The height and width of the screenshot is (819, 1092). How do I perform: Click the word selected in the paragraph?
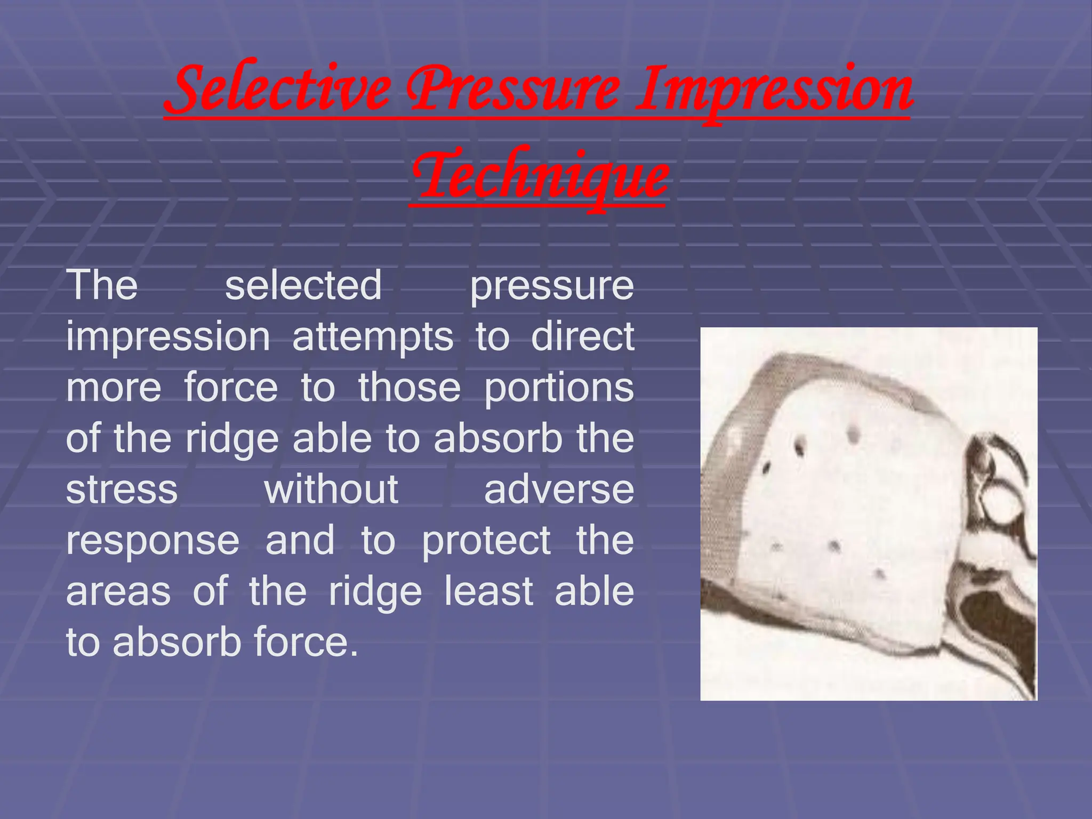(x=303, y=285)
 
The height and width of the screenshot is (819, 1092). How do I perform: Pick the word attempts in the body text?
(x=373, y=336)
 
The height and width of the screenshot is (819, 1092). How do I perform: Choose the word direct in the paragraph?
(x=582, y=336)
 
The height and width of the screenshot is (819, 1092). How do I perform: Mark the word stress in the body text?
(x=122, y=489)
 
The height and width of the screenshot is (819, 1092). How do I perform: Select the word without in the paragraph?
(x=331, y=489)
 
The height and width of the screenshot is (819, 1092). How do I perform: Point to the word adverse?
(x=559, y=489)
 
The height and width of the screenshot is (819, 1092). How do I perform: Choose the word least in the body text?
(x=488, y=591)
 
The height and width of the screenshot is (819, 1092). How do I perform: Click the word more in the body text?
(x=114, y=388)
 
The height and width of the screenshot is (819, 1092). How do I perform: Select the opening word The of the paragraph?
(x=102, y=285)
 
